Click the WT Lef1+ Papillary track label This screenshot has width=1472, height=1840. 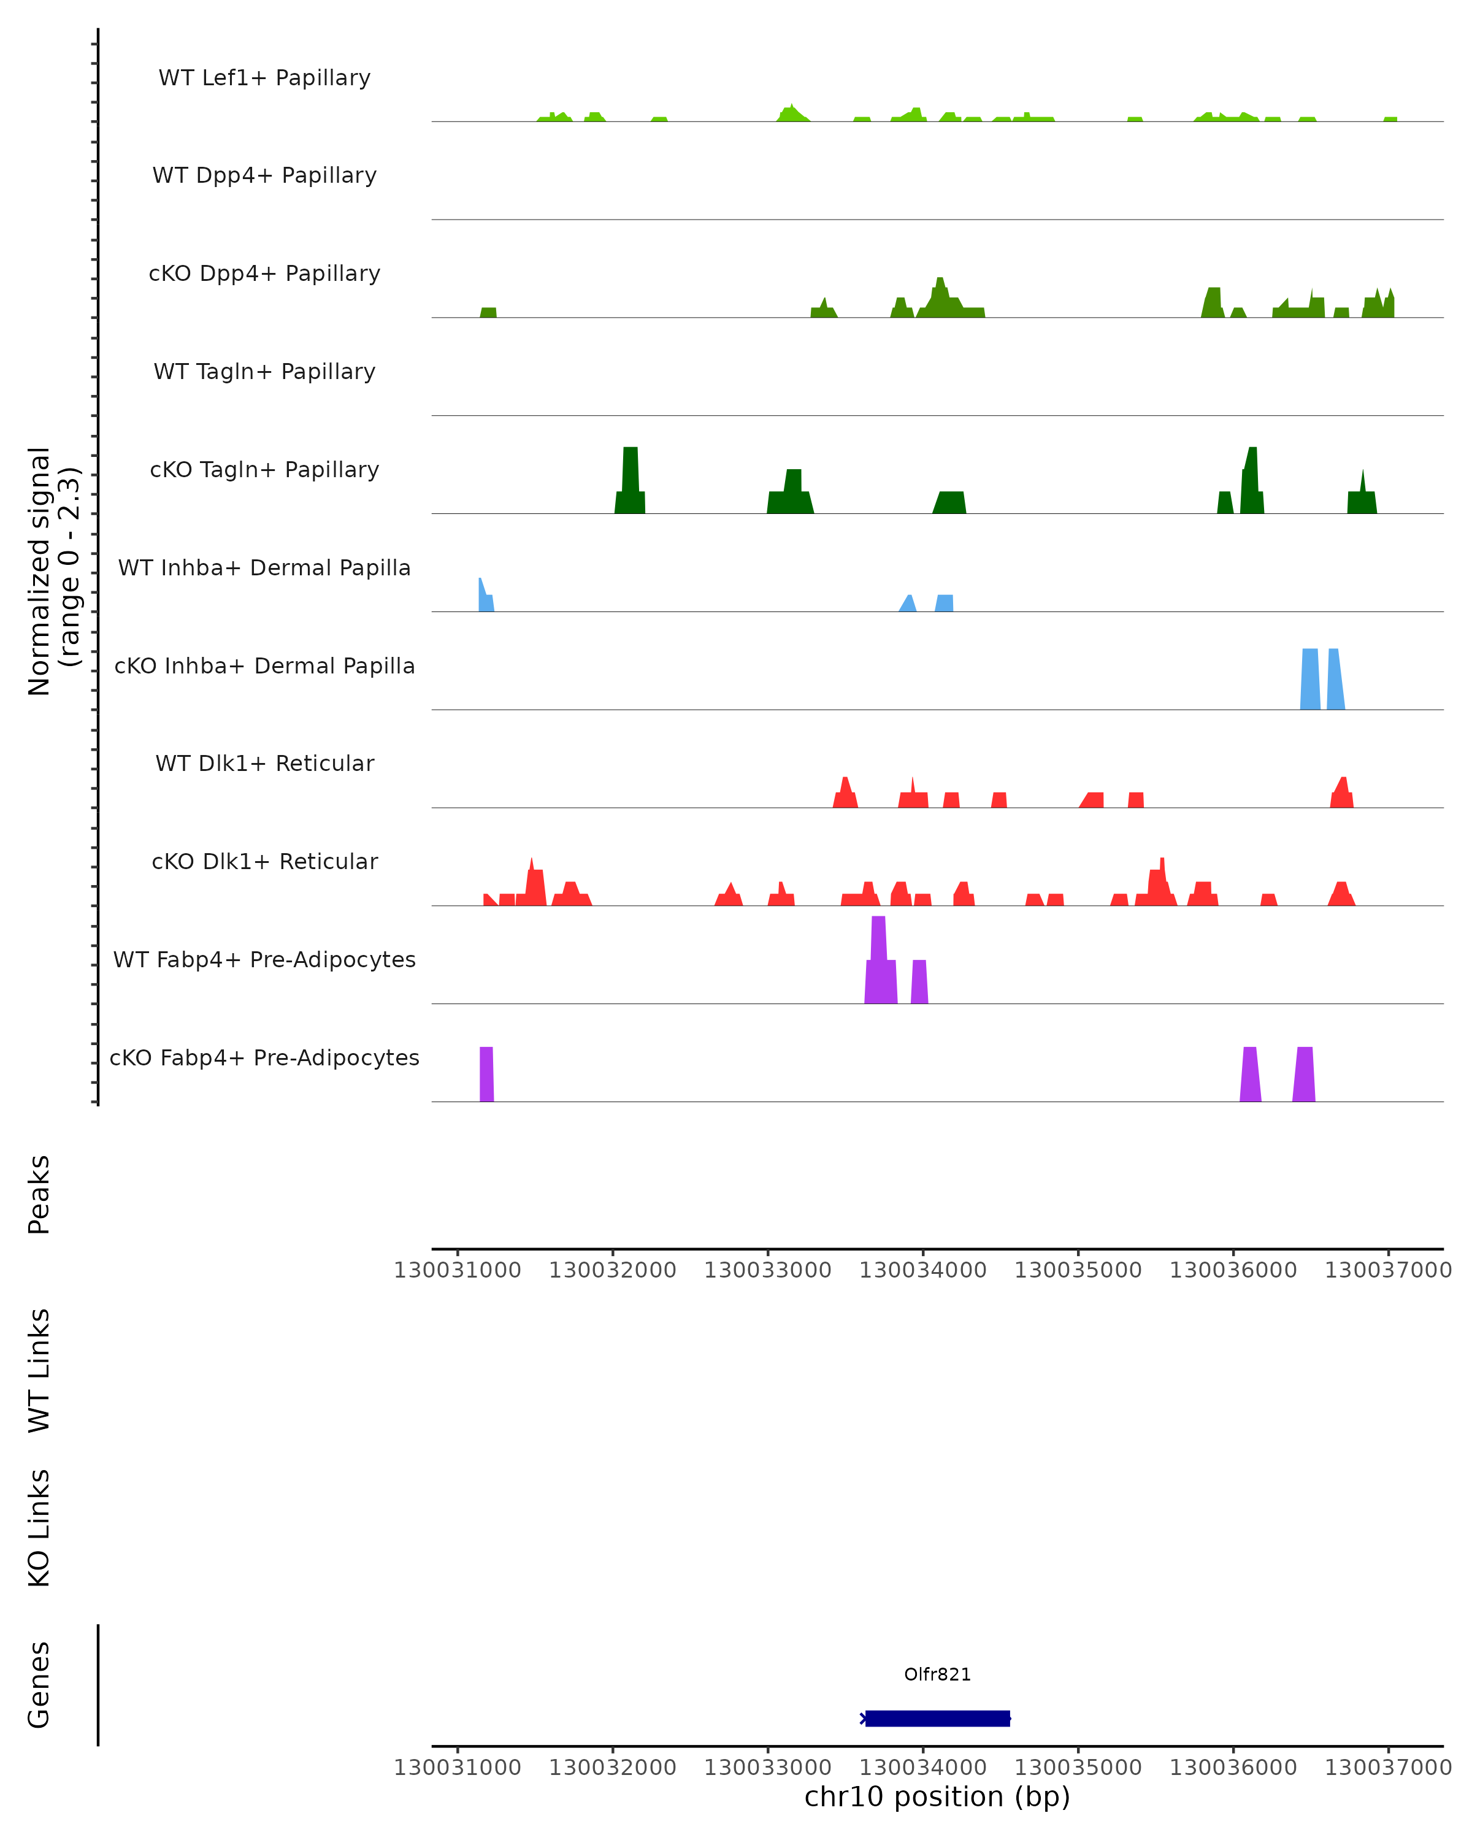point(264,78)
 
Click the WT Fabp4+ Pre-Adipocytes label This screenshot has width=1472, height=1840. point(264,959)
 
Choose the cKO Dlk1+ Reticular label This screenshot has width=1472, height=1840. point(264,861)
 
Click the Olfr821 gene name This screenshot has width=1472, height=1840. point(937,1674)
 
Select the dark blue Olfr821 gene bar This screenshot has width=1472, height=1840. point(937,1718)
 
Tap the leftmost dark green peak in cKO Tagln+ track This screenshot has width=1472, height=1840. point(631,482)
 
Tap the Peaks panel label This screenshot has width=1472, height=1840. point(39,1195)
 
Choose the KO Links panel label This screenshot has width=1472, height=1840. point(39,1528)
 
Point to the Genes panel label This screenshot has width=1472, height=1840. point(39,1685)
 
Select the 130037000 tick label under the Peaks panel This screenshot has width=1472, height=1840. point(1387,1270)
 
